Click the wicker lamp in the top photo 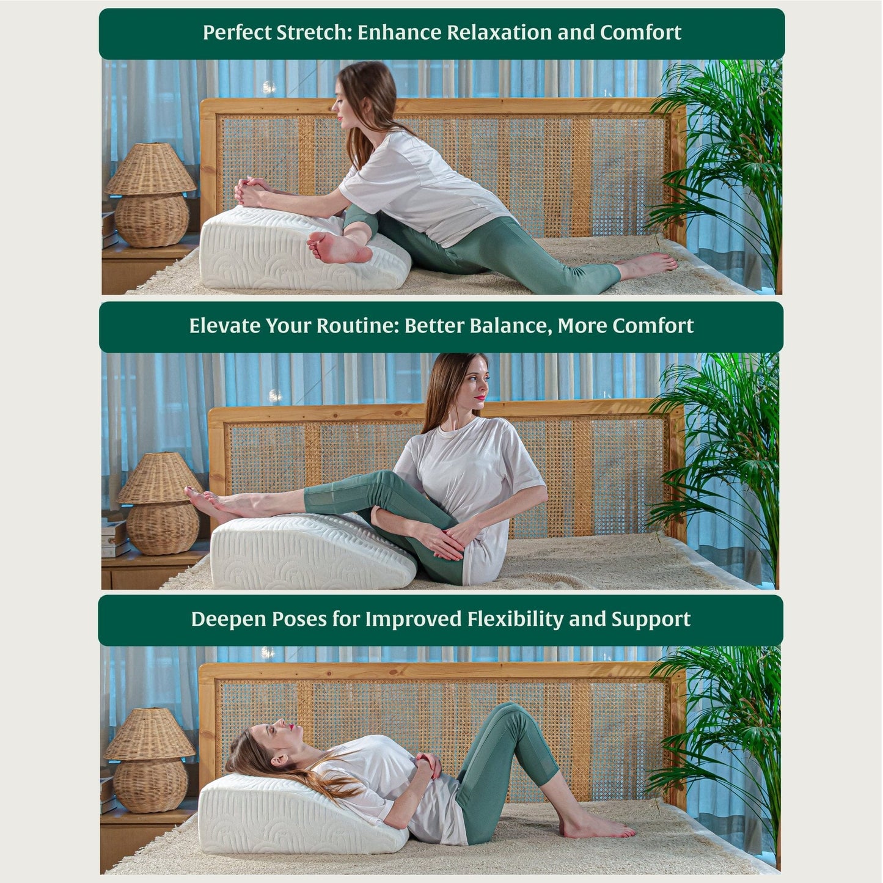click(151, 195)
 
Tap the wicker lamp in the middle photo click(160, 503)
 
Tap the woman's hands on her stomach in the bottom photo click(428, 768)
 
